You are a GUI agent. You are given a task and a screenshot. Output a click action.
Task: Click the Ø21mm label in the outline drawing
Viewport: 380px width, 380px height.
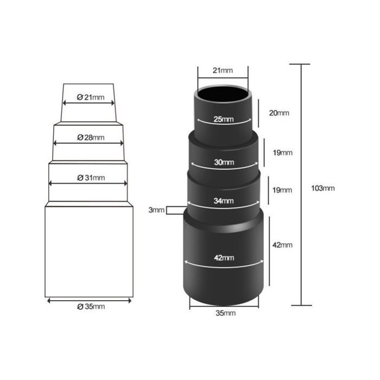tap(91, 97)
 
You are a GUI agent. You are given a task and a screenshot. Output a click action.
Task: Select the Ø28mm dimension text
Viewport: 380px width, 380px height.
tap(91, 137)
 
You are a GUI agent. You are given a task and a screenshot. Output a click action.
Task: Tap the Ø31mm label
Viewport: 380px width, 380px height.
tap(91, 178)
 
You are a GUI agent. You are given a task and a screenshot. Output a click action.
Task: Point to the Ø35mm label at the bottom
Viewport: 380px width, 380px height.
tap(91, 307)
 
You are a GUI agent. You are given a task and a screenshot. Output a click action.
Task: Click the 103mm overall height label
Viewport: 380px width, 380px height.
tap(323, 188)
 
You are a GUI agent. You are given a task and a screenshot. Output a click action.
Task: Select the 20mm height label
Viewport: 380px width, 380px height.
tap(279, 113)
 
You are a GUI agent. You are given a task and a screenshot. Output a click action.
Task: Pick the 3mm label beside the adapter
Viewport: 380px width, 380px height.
tap(156, 210)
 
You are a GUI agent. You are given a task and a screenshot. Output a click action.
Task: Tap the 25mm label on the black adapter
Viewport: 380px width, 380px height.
tap(224, 119)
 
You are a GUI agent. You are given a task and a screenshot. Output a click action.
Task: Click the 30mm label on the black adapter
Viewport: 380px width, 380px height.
tap(224, 162)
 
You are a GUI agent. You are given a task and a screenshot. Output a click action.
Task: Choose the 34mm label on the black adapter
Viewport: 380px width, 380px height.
tap(224, 201)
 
